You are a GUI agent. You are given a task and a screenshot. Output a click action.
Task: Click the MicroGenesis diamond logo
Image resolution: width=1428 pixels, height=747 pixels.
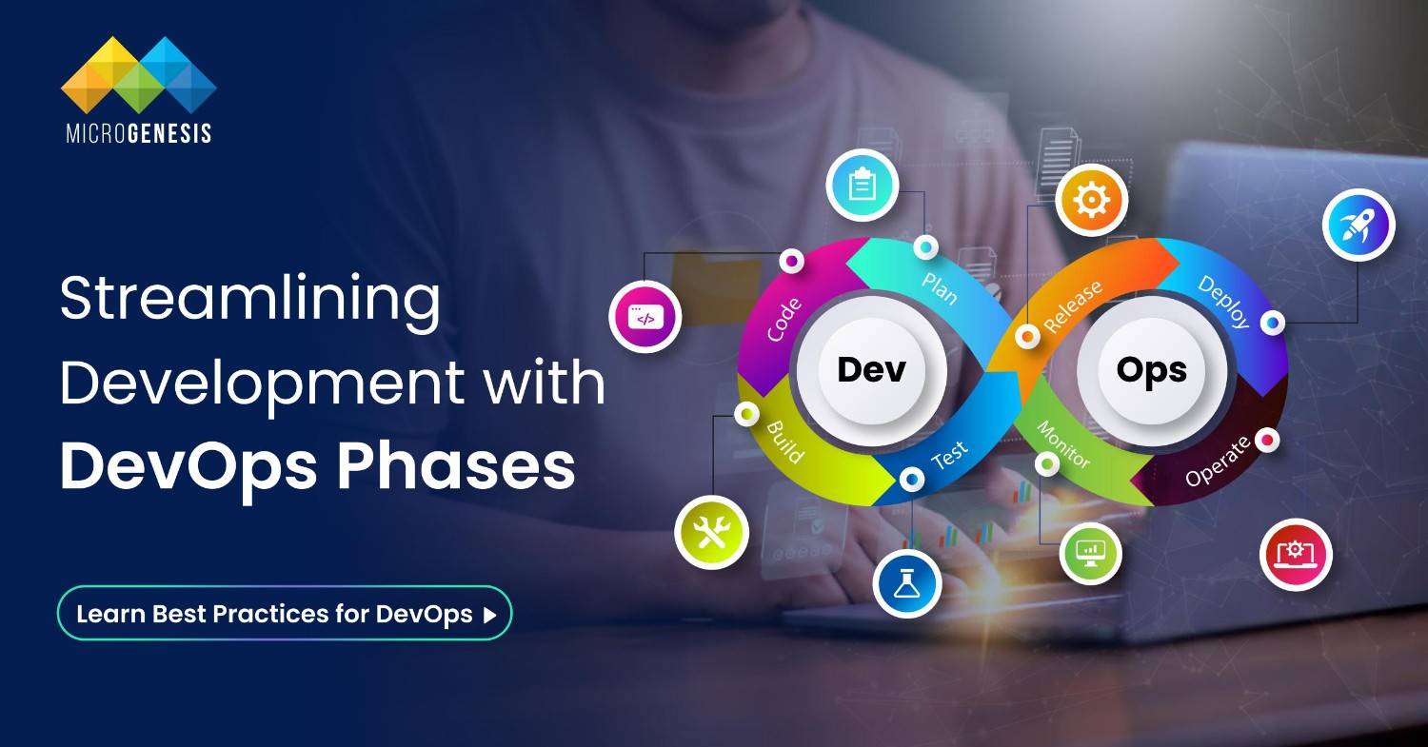(x=139, y=75)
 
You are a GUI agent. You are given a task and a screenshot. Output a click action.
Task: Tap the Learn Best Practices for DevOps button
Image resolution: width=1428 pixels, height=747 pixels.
(x=285, y=613)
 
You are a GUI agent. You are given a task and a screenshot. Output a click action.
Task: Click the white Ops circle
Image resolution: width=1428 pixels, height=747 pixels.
(x=1151, y=370)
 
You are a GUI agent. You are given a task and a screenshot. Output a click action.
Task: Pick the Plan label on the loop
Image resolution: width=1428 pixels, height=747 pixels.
(x=939, y=285)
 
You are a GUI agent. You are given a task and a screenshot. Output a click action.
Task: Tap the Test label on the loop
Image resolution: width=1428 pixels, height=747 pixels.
(x=949, y=455)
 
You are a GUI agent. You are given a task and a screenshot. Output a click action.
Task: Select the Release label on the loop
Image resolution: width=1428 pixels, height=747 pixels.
(x=1073, y=306)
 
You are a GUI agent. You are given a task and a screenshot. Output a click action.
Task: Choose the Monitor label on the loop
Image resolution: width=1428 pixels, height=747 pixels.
(x=1062, y=444)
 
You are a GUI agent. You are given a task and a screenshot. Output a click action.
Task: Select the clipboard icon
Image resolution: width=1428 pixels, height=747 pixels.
(x=863, y=186)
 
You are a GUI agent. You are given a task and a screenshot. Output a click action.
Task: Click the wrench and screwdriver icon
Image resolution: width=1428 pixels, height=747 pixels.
(x=711, y=532)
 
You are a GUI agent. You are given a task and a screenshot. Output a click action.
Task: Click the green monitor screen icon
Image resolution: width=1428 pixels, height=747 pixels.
(x=1091, y=550)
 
